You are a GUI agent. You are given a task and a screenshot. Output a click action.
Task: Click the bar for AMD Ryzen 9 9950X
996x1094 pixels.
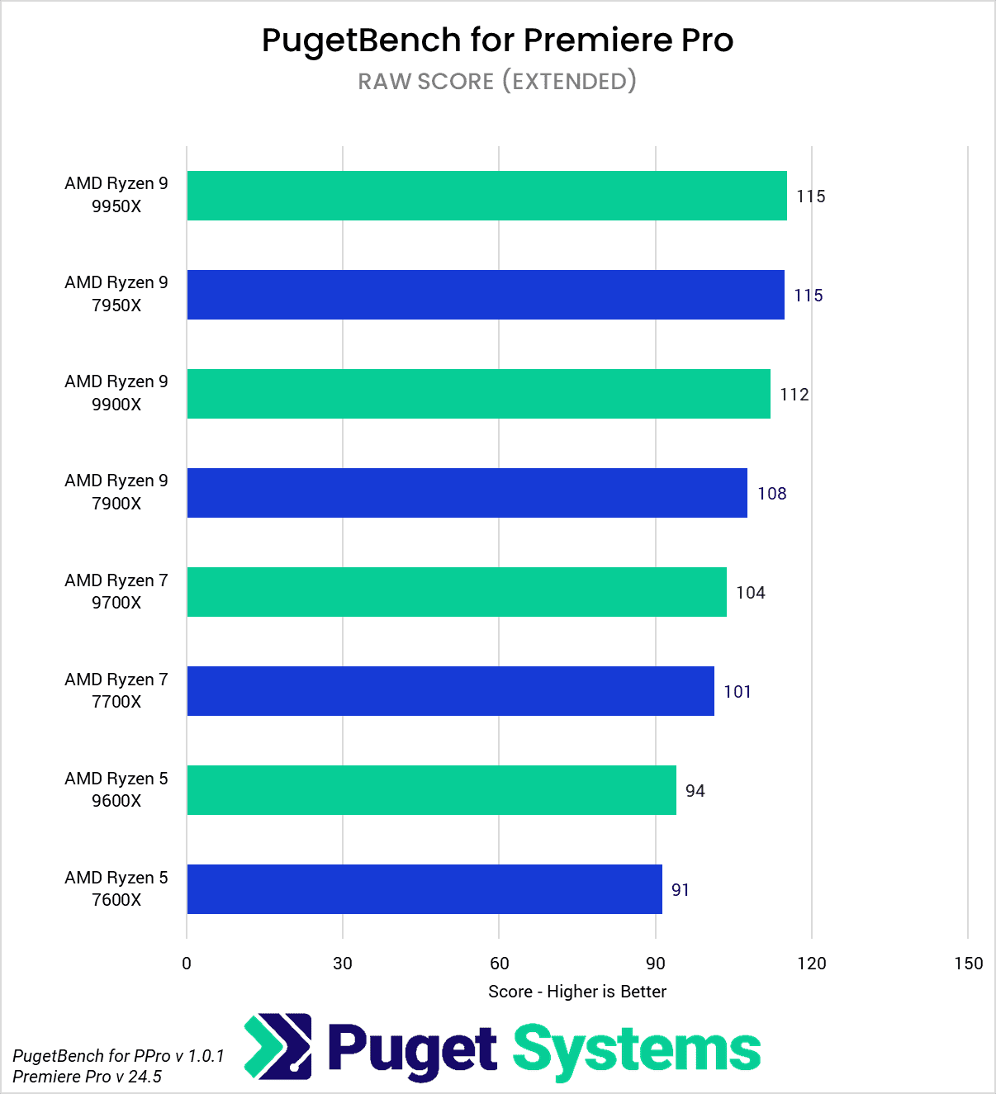[x=486, y=196]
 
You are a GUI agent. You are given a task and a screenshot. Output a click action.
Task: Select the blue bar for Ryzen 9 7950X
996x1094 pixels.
[x=486, y=295]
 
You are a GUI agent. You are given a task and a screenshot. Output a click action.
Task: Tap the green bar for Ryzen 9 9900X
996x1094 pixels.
[x=478, y=394]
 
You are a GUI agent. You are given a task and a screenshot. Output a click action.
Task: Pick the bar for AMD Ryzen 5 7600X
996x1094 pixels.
[x=424, y=889]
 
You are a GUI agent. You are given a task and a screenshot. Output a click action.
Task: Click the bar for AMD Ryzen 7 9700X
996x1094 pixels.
[x=457, y=592]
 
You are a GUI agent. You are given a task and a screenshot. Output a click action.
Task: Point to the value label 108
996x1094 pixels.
[x=771, y=494]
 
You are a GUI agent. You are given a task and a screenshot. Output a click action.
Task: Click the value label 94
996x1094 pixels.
[x=695, y=791]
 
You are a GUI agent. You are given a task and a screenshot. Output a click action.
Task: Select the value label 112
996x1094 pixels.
[x=794, y=395]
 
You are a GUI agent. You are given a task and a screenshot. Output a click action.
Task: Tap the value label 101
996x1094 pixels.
[x=738, y=692]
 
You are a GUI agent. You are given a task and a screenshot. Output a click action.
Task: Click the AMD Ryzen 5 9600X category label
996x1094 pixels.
[x=116, y=789]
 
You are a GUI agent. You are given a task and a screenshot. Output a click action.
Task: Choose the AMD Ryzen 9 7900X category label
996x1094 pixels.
[x=116, y=492]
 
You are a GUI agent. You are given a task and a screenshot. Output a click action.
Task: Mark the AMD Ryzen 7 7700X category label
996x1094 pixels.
[x=116, y=690]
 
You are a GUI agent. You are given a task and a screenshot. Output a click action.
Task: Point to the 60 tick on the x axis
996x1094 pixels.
[x=499, y=964]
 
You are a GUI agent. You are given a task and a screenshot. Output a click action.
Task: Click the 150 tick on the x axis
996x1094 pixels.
[x=968, y=964]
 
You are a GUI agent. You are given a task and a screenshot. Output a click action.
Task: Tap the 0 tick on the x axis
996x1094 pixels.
[x=187, y=964]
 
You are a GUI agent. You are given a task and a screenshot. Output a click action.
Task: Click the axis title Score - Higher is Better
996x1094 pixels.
[x=576, y=992]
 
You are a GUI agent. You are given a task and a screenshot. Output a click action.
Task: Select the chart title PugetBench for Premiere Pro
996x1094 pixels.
[x=497, y=40]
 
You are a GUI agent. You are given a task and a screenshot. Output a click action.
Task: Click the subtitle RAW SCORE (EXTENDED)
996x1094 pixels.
[x=497, y=81]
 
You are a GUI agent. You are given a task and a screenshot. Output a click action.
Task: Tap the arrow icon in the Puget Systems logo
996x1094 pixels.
[x=278, y=1047]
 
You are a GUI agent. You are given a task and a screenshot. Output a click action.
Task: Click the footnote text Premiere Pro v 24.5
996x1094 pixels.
[x=87, y=1077]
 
